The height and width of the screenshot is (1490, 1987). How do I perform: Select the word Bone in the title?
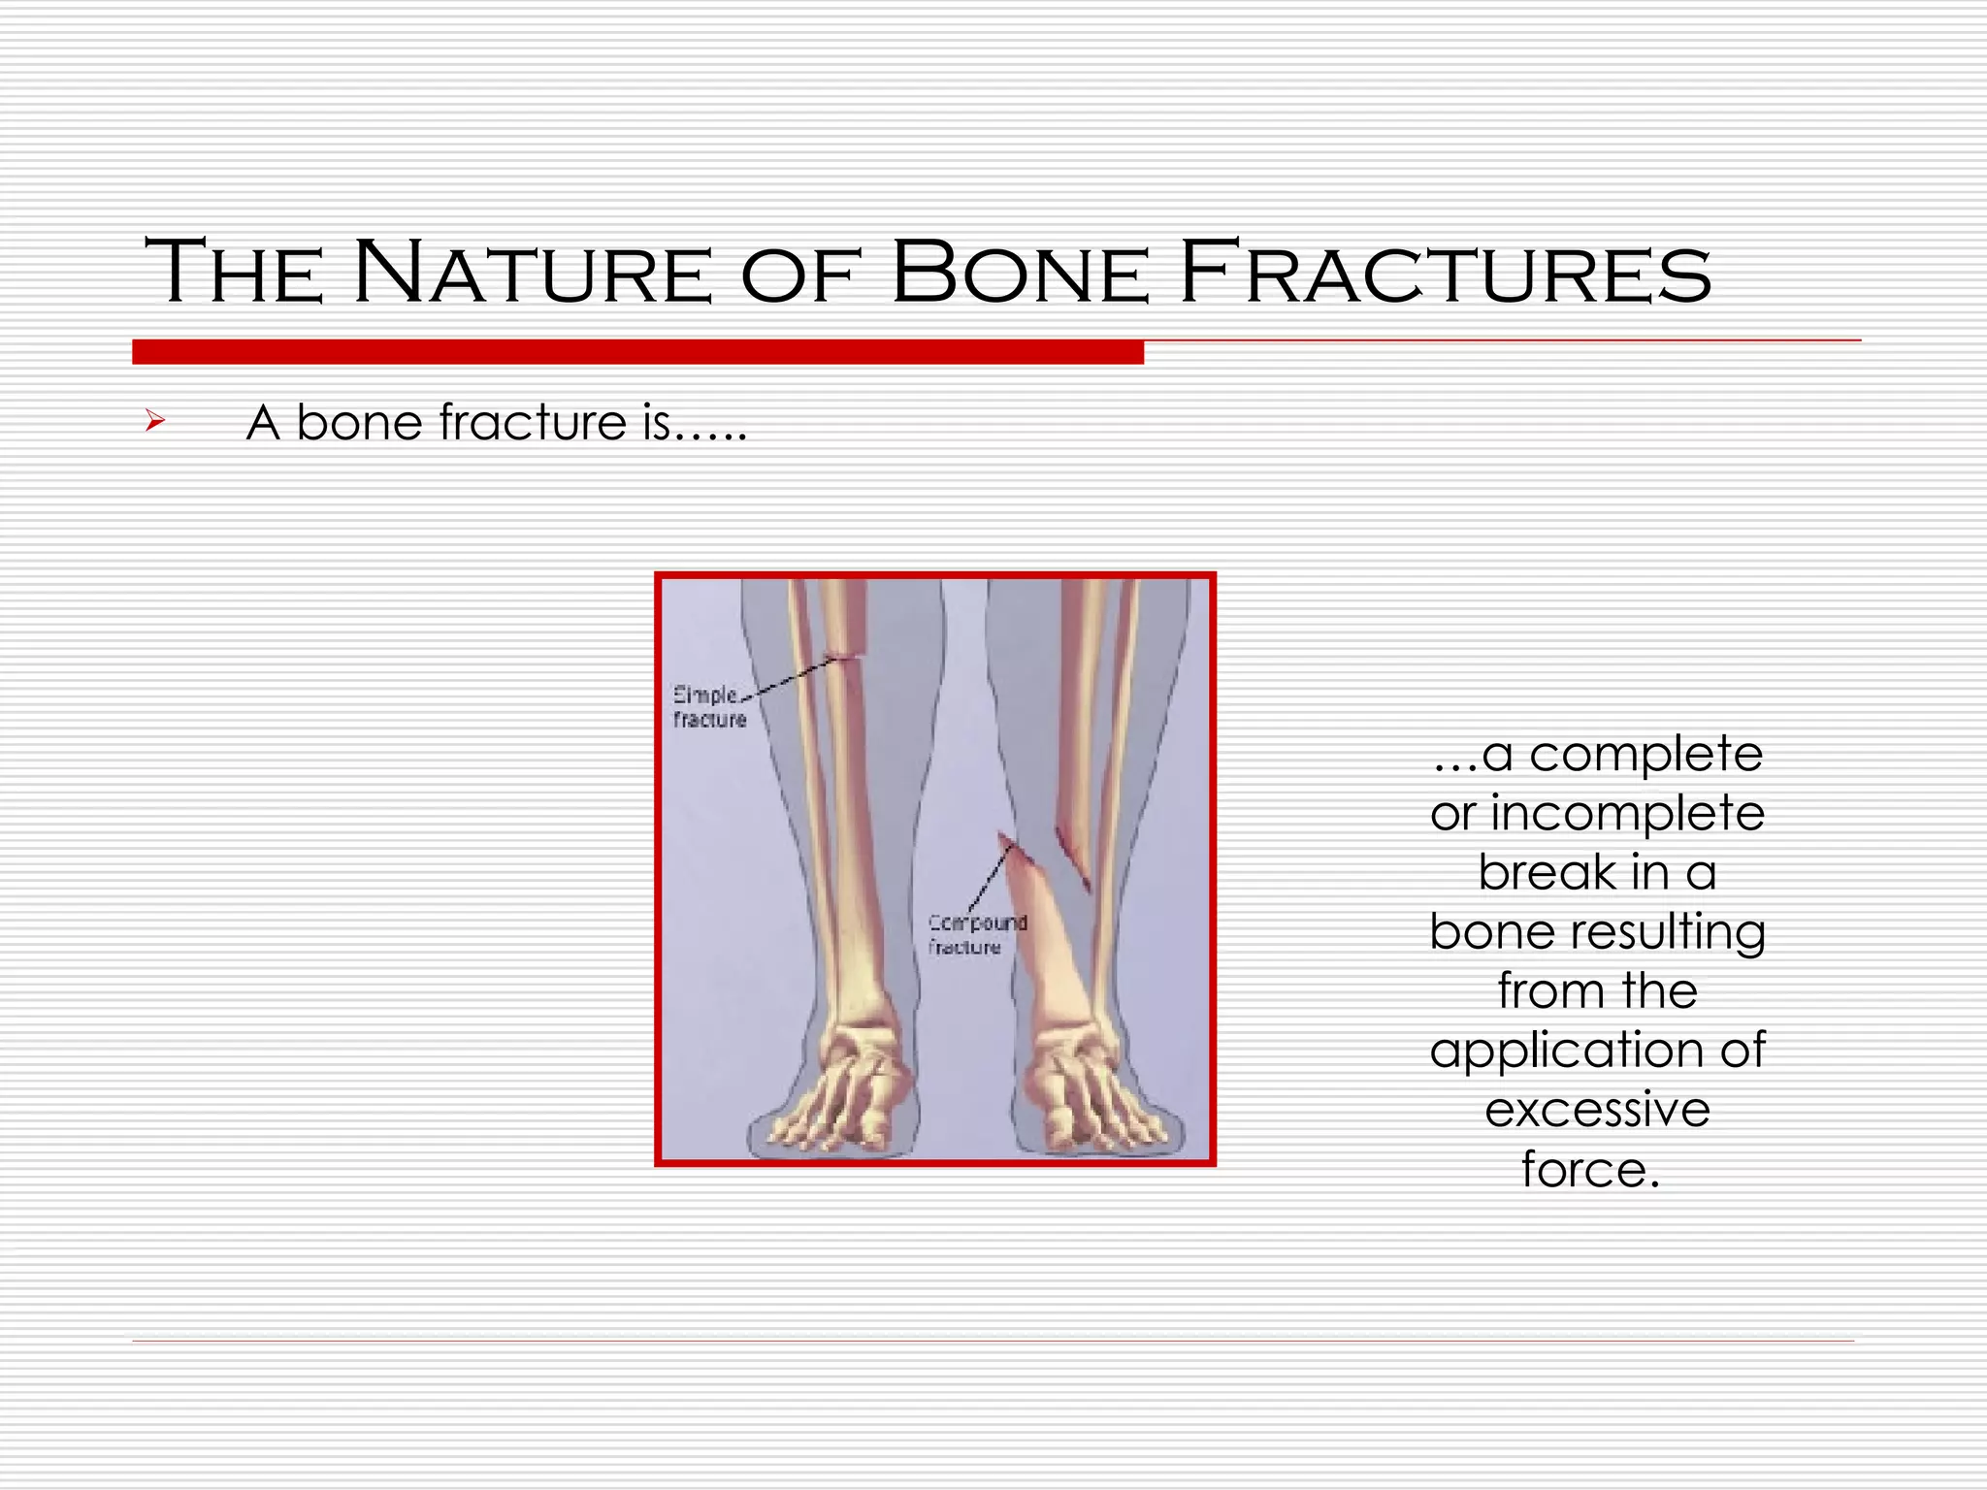[1019, 274]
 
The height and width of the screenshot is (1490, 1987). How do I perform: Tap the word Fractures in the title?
[1446, 274]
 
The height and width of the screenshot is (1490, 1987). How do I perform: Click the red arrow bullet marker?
[155, 421]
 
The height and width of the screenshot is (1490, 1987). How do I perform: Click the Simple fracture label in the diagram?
[708, 707]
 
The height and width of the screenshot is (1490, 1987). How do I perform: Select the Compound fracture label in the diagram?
[975, 934]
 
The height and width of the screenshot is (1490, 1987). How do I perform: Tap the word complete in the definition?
[1645, 755]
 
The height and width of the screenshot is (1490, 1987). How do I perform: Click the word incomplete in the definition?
[1627, 814]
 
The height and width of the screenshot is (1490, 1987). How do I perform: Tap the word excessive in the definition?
[1597, 1111]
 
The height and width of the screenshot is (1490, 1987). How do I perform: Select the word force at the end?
[1590, 1170]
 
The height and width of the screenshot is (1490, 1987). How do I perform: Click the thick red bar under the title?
[637, 352]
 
